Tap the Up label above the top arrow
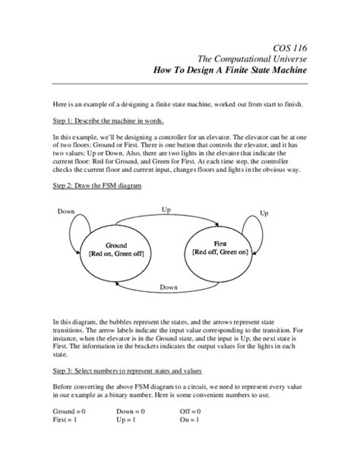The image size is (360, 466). pyautogui.click(x=166, y=208)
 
